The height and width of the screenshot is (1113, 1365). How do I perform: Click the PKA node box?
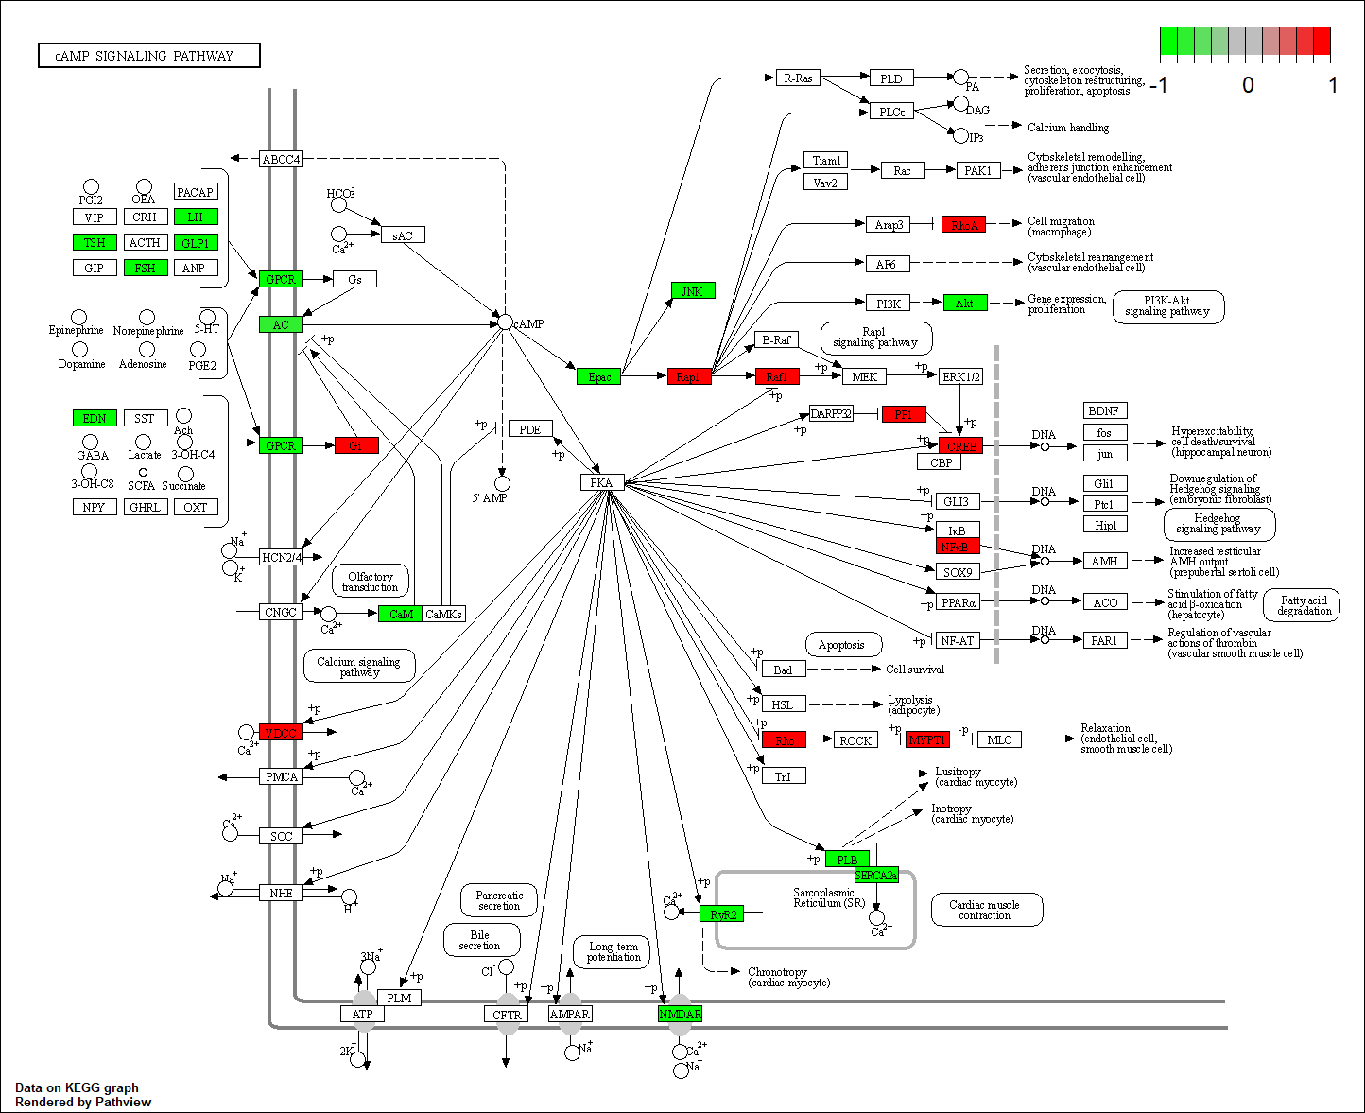tap(601, 482)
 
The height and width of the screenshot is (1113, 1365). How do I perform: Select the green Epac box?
tap(599, 376)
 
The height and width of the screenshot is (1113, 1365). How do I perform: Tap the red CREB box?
tap(961, 445)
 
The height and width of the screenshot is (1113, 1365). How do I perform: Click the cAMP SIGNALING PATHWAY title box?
tap(149, 56)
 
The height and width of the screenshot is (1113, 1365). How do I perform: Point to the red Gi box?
tap(356, 445)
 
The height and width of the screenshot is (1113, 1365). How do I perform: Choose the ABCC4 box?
tap(281, 159)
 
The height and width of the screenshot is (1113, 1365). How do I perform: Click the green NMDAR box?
tap(680, 1014)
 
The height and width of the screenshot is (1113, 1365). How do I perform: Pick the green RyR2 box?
tap(722, 913)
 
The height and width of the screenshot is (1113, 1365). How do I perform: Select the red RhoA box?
tap(964, 224)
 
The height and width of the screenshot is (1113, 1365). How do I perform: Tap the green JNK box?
tap(693, 291)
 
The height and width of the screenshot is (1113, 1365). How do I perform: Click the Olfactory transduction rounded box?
tap(371, 582)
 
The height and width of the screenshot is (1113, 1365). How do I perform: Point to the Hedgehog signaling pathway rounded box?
tap(1218, 524)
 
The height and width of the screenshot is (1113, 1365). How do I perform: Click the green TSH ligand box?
tap(95, 242)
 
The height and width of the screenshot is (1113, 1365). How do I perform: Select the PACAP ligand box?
tap(196, 192)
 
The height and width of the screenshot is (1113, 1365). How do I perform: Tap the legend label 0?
tap(1248, 85)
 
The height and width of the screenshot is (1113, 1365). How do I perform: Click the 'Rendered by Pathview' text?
tap(83, 1102)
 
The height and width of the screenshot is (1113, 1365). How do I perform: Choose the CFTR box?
tap(507, 1014)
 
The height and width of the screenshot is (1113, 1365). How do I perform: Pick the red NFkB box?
tap(958, 547)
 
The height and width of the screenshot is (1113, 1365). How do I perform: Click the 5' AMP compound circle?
tap(503, 483)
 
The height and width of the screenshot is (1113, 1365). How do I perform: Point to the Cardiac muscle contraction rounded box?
tap(985, 910)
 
